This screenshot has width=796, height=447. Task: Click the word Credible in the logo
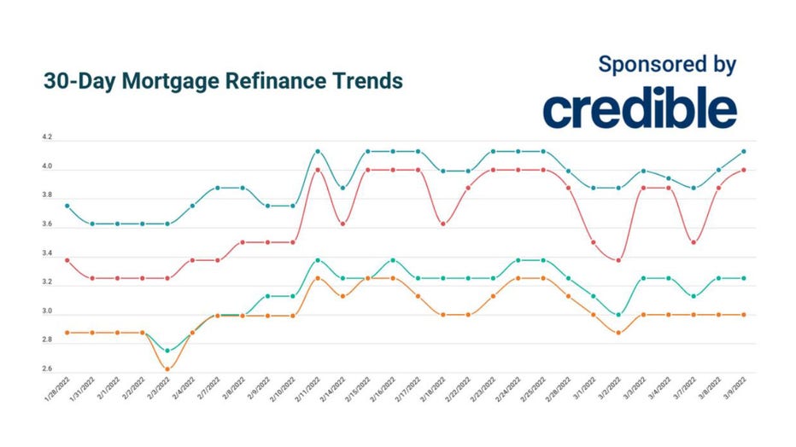640,109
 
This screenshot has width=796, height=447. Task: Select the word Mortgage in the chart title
161,82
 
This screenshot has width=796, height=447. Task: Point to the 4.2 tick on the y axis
47,137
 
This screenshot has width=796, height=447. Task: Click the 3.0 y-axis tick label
47,312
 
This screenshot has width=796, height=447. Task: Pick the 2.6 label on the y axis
47,369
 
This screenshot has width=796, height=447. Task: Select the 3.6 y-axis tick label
47,225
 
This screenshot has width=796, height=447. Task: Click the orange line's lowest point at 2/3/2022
167,369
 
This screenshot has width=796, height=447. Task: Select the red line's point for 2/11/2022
318,170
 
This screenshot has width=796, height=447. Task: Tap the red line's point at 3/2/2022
618,260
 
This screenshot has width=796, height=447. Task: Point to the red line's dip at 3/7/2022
694,242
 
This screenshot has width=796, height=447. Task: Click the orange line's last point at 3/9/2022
744,315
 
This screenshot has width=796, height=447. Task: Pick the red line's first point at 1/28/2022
67,260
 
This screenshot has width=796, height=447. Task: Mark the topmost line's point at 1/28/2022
67,206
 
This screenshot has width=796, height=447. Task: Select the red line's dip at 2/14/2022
342,223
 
